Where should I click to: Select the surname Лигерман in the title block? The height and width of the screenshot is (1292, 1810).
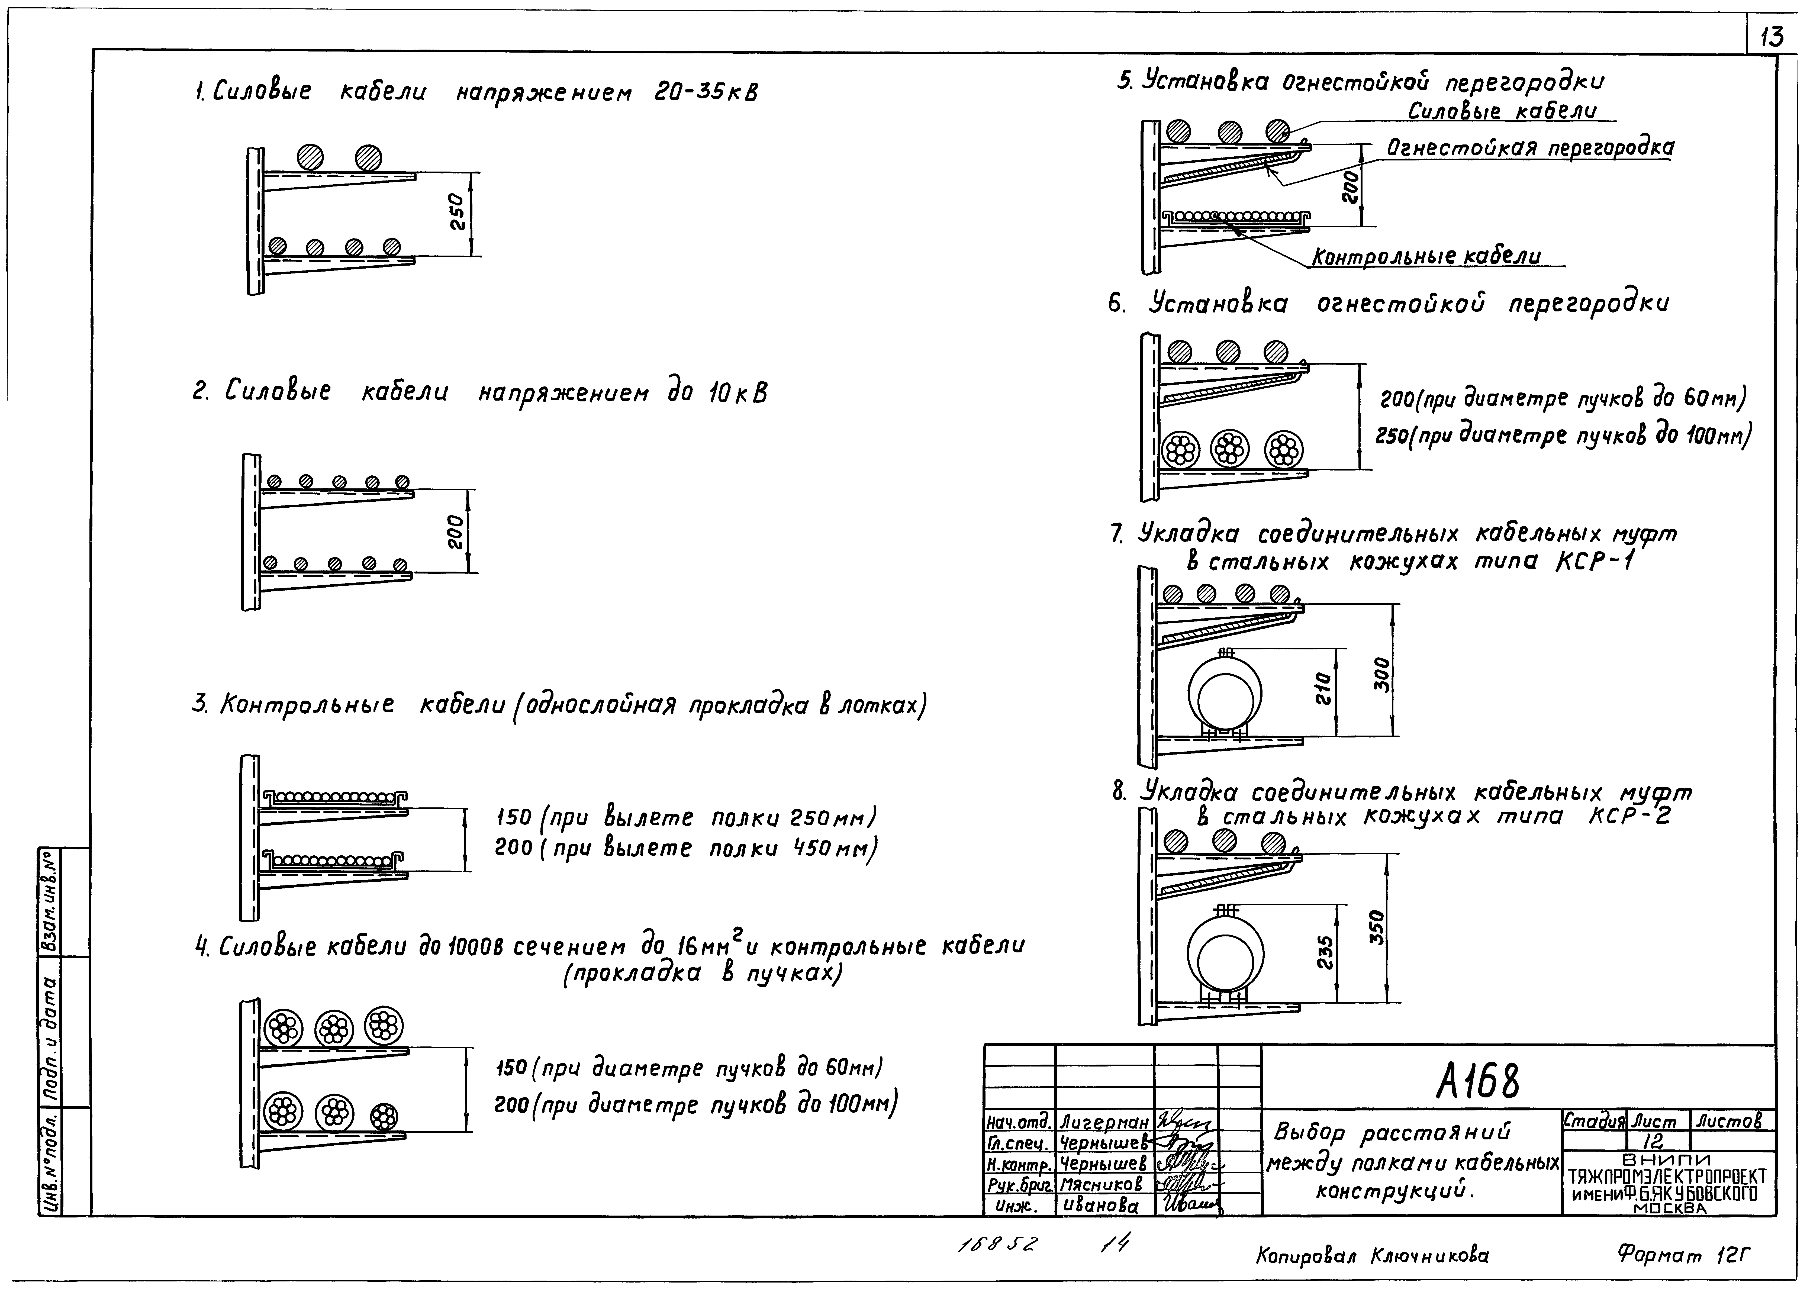pos(1103,1123)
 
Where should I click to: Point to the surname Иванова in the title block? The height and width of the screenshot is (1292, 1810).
pos(1100,1206)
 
